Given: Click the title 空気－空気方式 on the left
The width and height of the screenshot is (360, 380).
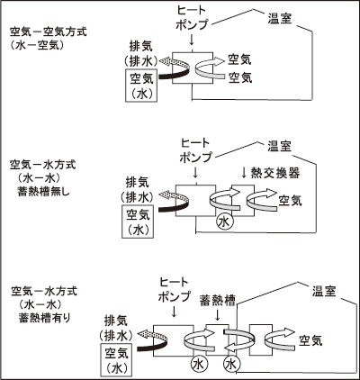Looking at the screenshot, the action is pos(48,32).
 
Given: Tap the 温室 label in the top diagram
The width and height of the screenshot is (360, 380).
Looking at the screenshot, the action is pos(280,19).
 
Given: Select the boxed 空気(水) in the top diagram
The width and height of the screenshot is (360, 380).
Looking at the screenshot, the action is pos(141,86).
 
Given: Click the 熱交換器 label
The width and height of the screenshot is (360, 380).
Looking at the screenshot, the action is pos(275,173).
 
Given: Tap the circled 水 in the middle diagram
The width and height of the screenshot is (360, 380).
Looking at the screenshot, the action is pos(224,222).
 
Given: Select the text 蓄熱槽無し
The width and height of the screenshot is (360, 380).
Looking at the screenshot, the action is pos(44,192).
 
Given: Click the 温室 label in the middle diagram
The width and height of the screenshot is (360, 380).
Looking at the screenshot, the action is pos(279,147).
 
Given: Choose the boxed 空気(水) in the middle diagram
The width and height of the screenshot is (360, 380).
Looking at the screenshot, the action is pos(138,222).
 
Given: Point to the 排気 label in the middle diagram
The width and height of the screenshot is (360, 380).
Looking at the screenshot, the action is pos(137,183).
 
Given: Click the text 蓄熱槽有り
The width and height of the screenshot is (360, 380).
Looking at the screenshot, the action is pos(44,318).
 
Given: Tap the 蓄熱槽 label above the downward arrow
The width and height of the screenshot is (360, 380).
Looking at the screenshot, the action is pos(218,301).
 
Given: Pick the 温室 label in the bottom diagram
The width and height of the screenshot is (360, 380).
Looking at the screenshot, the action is pos(324,291).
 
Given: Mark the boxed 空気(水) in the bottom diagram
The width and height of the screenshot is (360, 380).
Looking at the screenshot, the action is pos(115,360).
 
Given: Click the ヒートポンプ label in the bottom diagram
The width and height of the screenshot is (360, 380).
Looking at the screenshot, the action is pos(174,290).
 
